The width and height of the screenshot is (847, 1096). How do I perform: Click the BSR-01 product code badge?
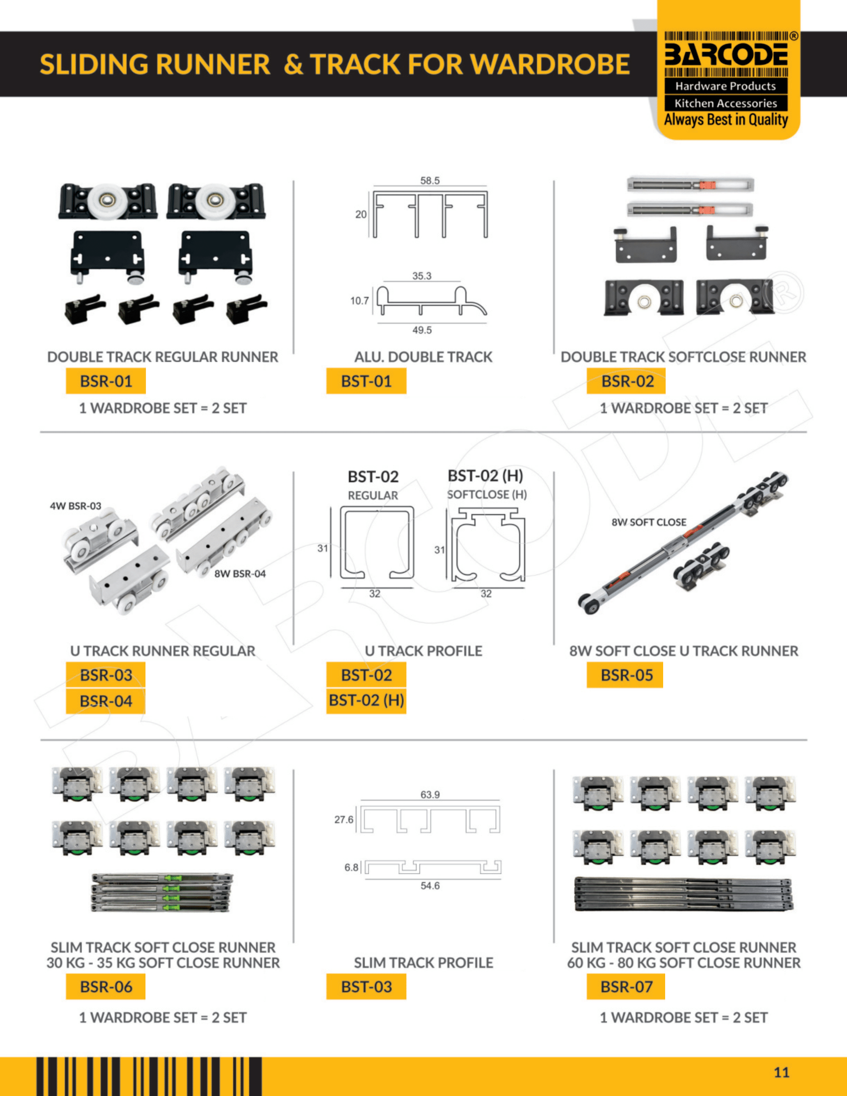tap(106, 381)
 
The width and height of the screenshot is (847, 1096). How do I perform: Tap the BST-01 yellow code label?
tap(366, 381)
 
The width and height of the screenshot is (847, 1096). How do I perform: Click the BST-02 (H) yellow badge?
tap(366, 700)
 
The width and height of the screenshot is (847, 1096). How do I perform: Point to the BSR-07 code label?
tap(626, 986)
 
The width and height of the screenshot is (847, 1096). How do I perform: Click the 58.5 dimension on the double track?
tap(430, 181)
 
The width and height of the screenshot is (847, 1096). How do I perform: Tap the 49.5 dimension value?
tap(422, 330)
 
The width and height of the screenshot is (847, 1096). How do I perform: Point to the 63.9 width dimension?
tap(430, 795)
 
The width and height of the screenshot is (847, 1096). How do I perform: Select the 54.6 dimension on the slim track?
tap(430, 886)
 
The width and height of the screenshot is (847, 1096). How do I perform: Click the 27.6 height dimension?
tap(344, 820)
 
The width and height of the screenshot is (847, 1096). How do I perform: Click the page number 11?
tap(782, 1073)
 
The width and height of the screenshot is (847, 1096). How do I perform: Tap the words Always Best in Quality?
tap(726, 120)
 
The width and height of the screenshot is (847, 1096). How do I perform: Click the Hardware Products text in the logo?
tap(725, 86)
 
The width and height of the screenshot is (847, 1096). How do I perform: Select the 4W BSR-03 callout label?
tap(75, 506)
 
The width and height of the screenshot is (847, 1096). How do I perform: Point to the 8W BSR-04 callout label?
tap(240, 573)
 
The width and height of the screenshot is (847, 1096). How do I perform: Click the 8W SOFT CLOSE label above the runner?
tap(649, 522)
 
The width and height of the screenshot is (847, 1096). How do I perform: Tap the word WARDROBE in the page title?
tap(551, 64)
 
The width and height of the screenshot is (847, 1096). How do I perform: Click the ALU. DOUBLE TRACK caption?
tap(423, 357)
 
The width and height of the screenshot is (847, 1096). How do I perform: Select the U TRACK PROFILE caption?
tap(423, 651)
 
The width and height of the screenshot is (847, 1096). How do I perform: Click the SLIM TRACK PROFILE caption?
tap(423, 962)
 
